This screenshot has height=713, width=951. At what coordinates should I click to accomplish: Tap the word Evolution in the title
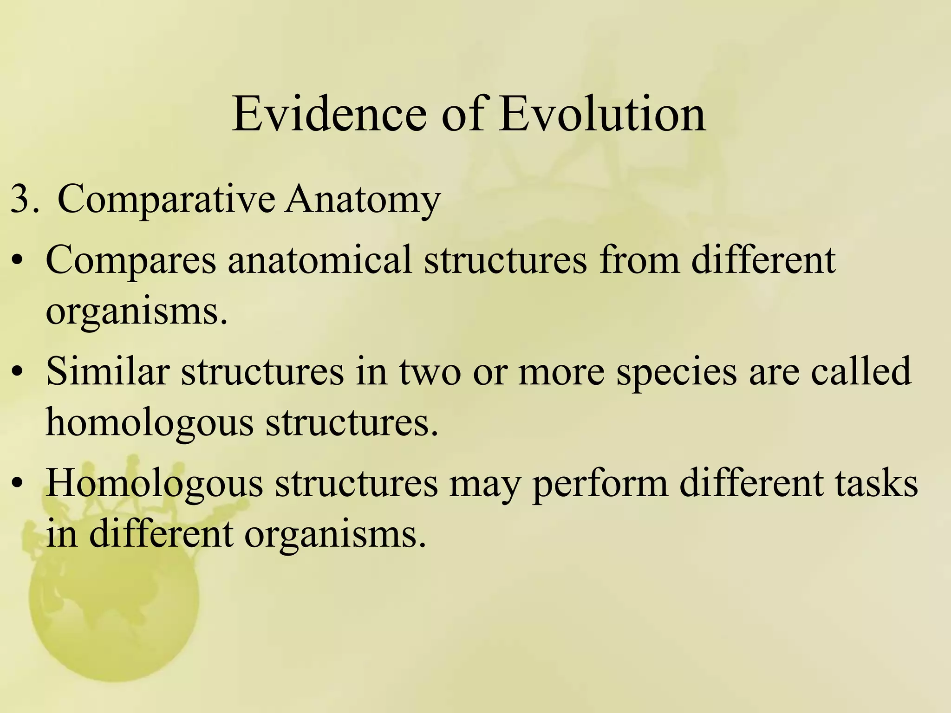[603, 114]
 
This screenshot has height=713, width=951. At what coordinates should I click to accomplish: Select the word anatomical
[319, 260]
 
